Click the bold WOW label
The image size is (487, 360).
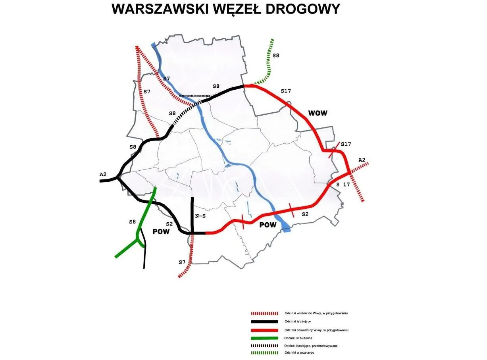point(318,113)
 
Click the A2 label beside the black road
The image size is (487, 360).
point(104,174)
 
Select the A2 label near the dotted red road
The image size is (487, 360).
point(362,160)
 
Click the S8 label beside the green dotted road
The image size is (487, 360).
point(275,56)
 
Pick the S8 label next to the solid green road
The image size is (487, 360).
point(133,222)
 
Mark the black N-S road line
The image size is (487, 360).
point(192,214)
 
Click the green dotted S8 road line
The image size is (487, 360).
point(270,60)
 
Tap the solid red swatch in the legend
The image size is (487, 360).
point(264,330)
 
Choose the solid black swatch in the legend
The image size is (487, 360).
point(264,321)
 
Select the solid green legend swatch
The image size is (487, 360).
point(264,338)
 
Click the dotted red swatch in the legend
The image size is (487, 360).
point(264,314)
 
